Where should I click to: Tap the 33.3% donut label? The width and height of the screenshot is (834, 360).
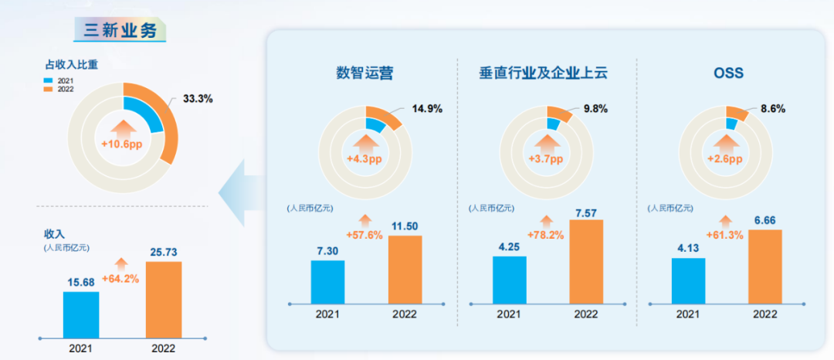[198, 99]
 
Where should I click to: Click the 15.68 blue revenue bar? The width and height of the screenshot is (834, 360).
[81, 314]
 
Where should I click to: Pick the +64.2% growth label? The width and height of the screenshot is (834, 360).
[120, 278]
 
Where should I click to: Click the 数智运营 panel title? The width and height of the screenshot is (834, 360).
[364, 73]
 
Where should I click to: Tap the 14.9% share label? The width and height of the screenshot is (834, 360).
[425, 109]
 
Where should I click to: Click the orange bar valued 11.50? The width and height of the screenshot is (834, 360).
[405, 269]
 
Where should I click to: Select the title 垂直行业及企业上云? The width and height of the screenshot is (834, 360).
[544, 73]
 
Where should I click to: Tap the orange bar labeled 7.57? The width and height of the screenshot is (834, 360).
[586, 261]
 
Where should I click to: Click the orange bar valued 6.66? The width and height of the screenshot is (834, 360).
[766, 266]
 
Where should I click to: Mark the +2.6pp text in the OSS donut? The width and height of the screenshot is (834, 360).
[724, 159]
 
